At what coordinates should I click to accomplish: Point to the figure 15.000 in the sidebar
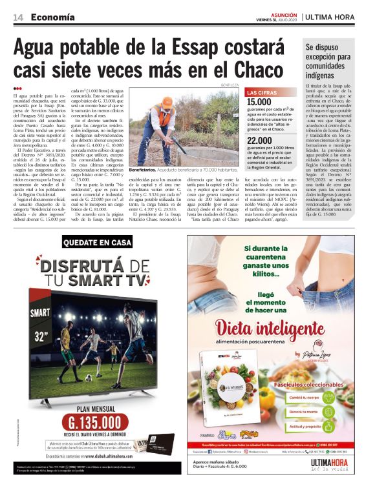pyautogui.click(x=260, y=102)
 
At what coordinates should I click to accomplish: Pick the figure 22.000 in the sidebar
pyautogui.click(x=260, y=141)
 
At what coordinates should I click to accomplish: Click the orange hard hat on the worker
pyautogui.click(x=167, y=101)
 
